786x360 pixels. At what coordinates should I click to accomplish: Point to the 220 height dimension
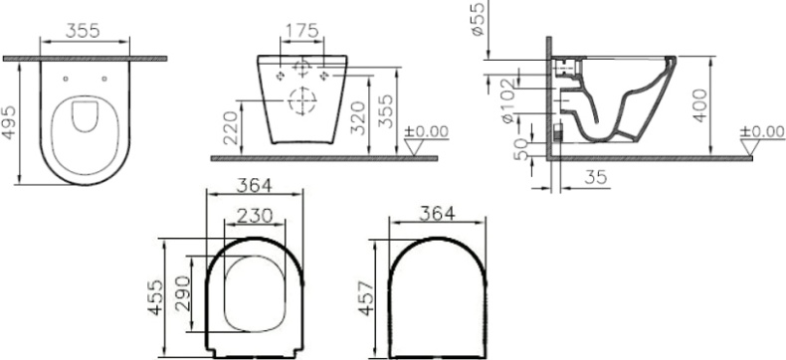231,128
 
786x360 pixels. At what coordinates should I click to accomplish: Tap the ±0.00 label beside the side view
763,131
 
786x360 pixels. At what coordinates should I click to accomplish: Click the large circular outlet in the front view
300,99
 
